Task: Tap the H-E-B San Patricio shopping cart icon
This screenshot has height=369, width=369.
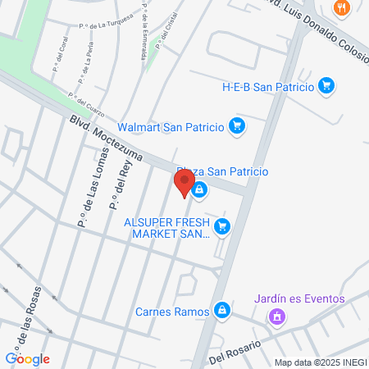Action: coord(326,85)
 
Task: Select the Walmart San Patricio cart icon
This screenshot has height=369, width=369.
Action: coord(237,126)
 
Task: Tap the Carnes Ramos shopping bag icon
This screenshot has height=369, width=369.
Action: coord(221,310)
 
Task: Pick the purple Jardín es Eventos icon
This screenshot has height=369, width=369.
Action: coord(278,316)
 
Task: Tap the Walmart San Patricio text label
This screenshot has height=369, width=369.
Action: coord(171,126)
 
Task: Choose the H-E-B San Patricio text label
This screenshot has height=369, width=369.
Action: coord(268,85)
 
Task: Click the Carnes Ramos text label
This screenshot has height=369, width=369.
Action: coord(173,311)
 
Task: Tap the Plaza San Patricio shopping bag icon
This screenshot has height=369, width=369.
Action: coord(199,190)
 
